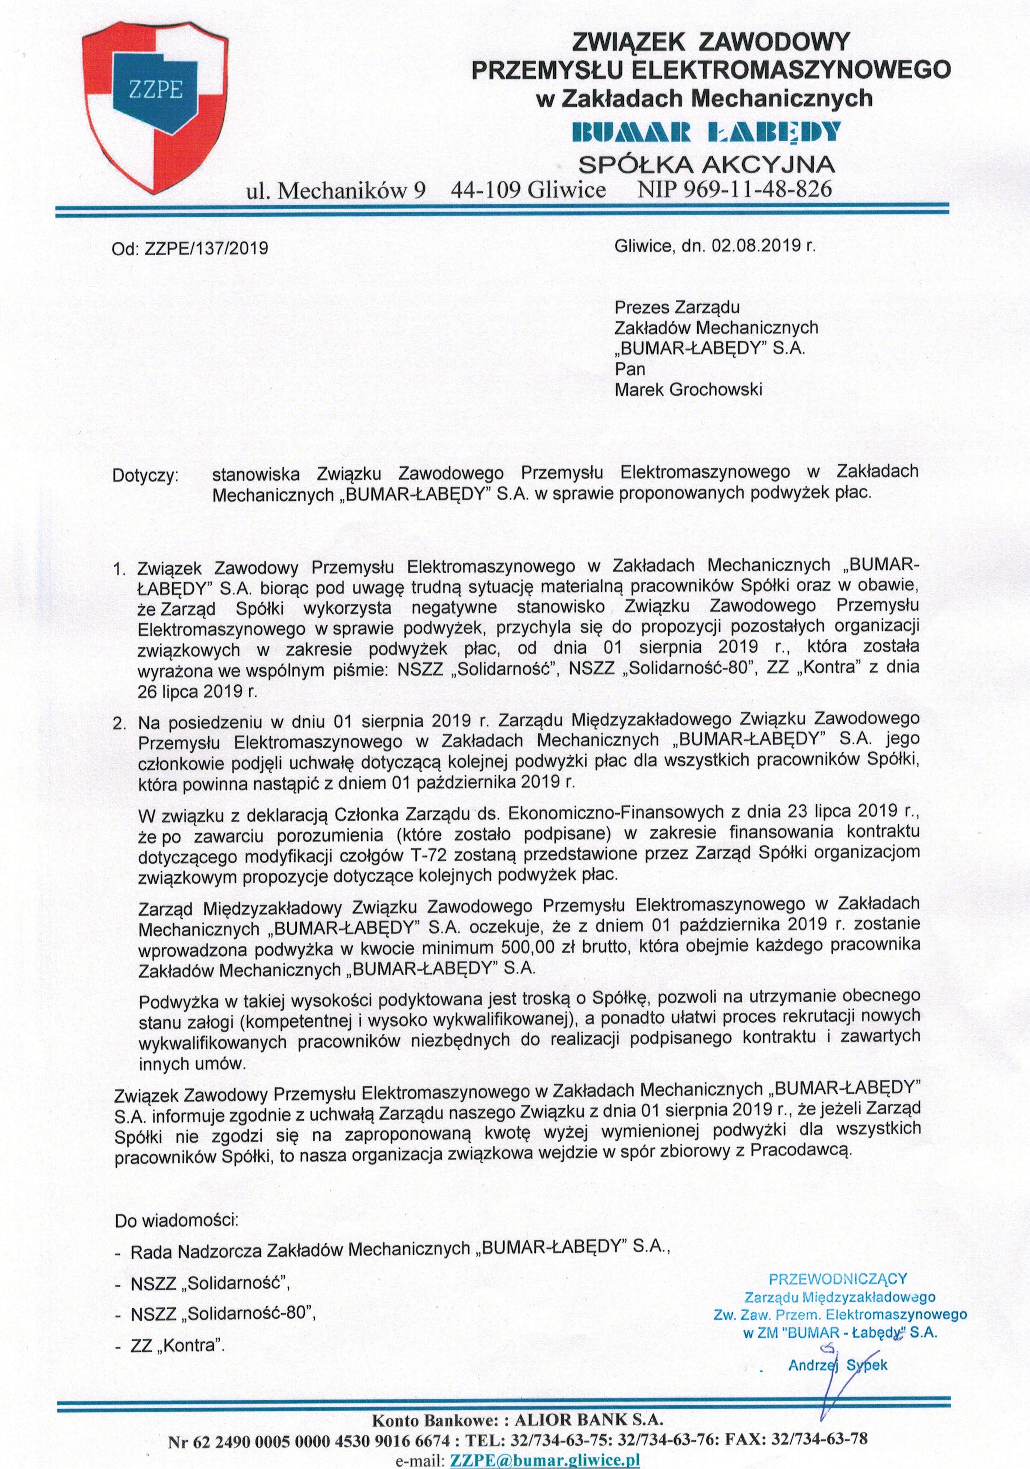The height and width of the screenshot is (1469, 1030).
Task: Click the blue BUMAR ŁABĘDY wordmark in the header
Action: coord(705,131)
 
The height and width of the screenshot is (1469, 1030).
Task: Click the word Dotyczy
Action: coord(145,477)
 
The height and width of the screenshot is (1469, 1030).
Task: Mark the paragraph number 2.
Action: coord(118,724)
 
